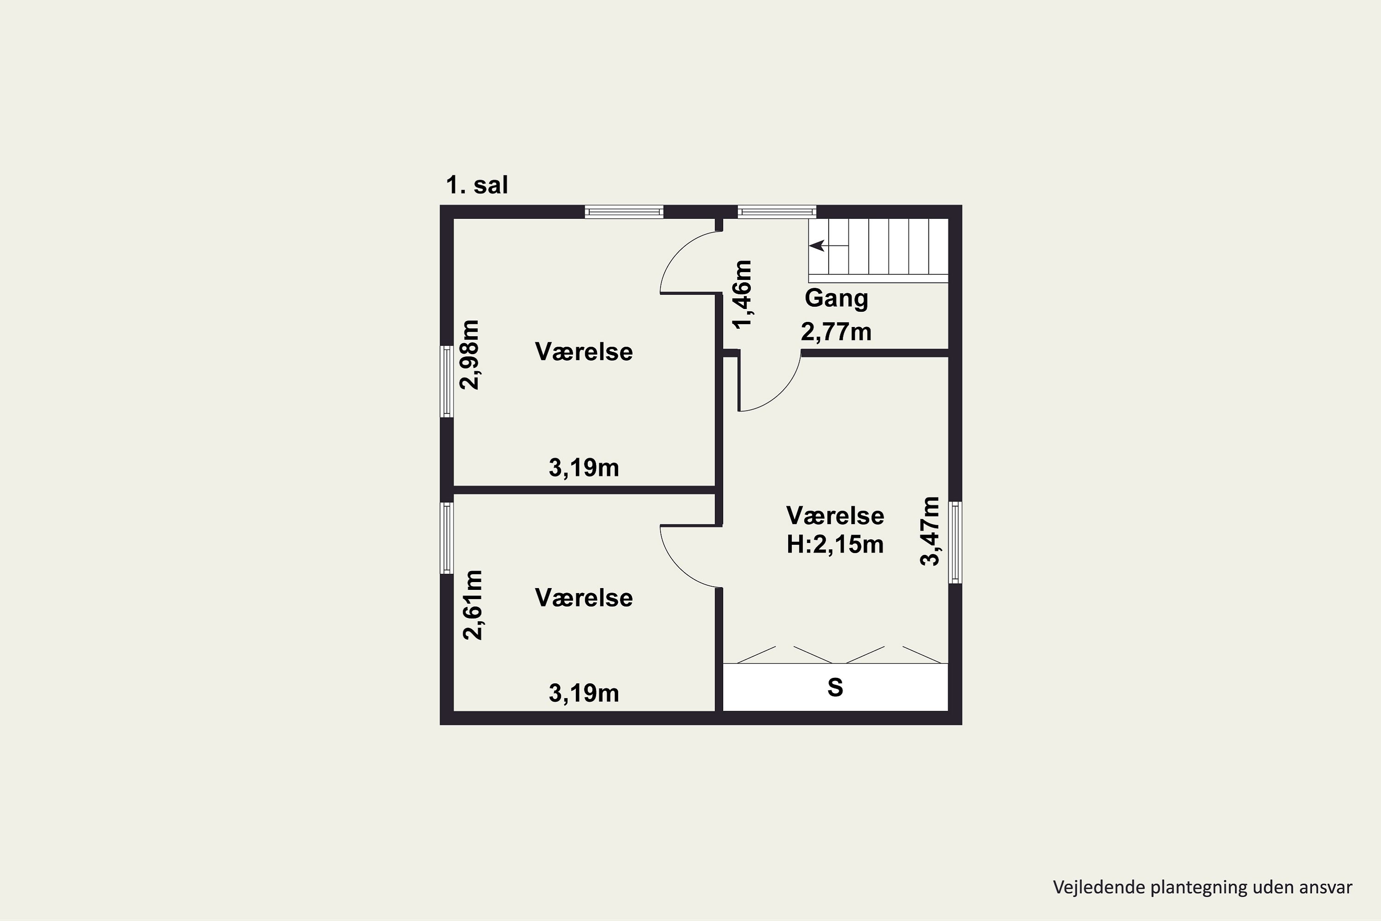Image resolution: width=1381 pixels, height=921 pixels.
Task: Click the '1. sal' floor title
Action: point(477,185)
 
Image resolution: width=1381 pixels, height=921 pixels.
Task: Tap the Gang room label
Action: point(836,298)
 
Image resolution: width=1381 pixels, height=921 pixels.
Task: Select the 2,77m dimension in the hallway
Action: point(836,332)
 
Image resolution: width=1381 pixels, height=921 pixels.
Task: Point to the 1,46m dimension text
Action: point(742,294)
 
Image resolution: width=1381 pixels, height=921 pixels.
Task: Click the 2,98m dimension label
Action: point(470,354)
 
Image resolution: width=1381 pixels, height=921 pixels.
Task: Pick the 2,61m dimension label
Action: point(473,604)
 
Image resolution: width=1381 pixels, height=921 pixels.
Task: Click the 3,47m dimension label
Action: point(929,531)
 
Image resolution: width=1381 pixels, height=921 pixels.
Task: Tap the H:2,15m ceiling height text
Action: point(835,544)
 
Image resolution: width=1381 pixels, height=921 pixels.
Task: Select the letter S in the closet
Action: point(835,687)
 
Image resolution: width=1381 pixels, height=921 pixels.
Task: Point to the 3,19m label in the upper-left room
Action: point(584,467)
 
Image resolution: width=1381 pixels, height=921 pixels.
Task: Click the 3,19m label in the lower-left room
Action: point(584,693)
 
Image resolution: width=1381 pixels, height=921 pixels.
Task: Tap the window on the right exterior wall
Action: point(955,542)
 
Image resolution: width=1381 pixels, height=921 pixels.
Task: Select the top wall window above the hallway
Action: point(777,211)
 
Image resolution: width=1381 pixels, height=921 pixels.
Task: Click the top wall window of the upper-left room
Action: point(624,211)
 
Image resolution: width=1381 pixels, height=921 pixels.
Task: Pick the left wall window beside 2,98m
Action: point(447,381)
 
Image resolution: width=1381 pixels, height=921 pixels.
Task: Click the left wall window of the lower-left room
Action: point(447,537)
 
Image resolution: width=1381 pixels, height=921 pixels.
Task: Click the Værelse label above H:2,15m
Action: point(835,516)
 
